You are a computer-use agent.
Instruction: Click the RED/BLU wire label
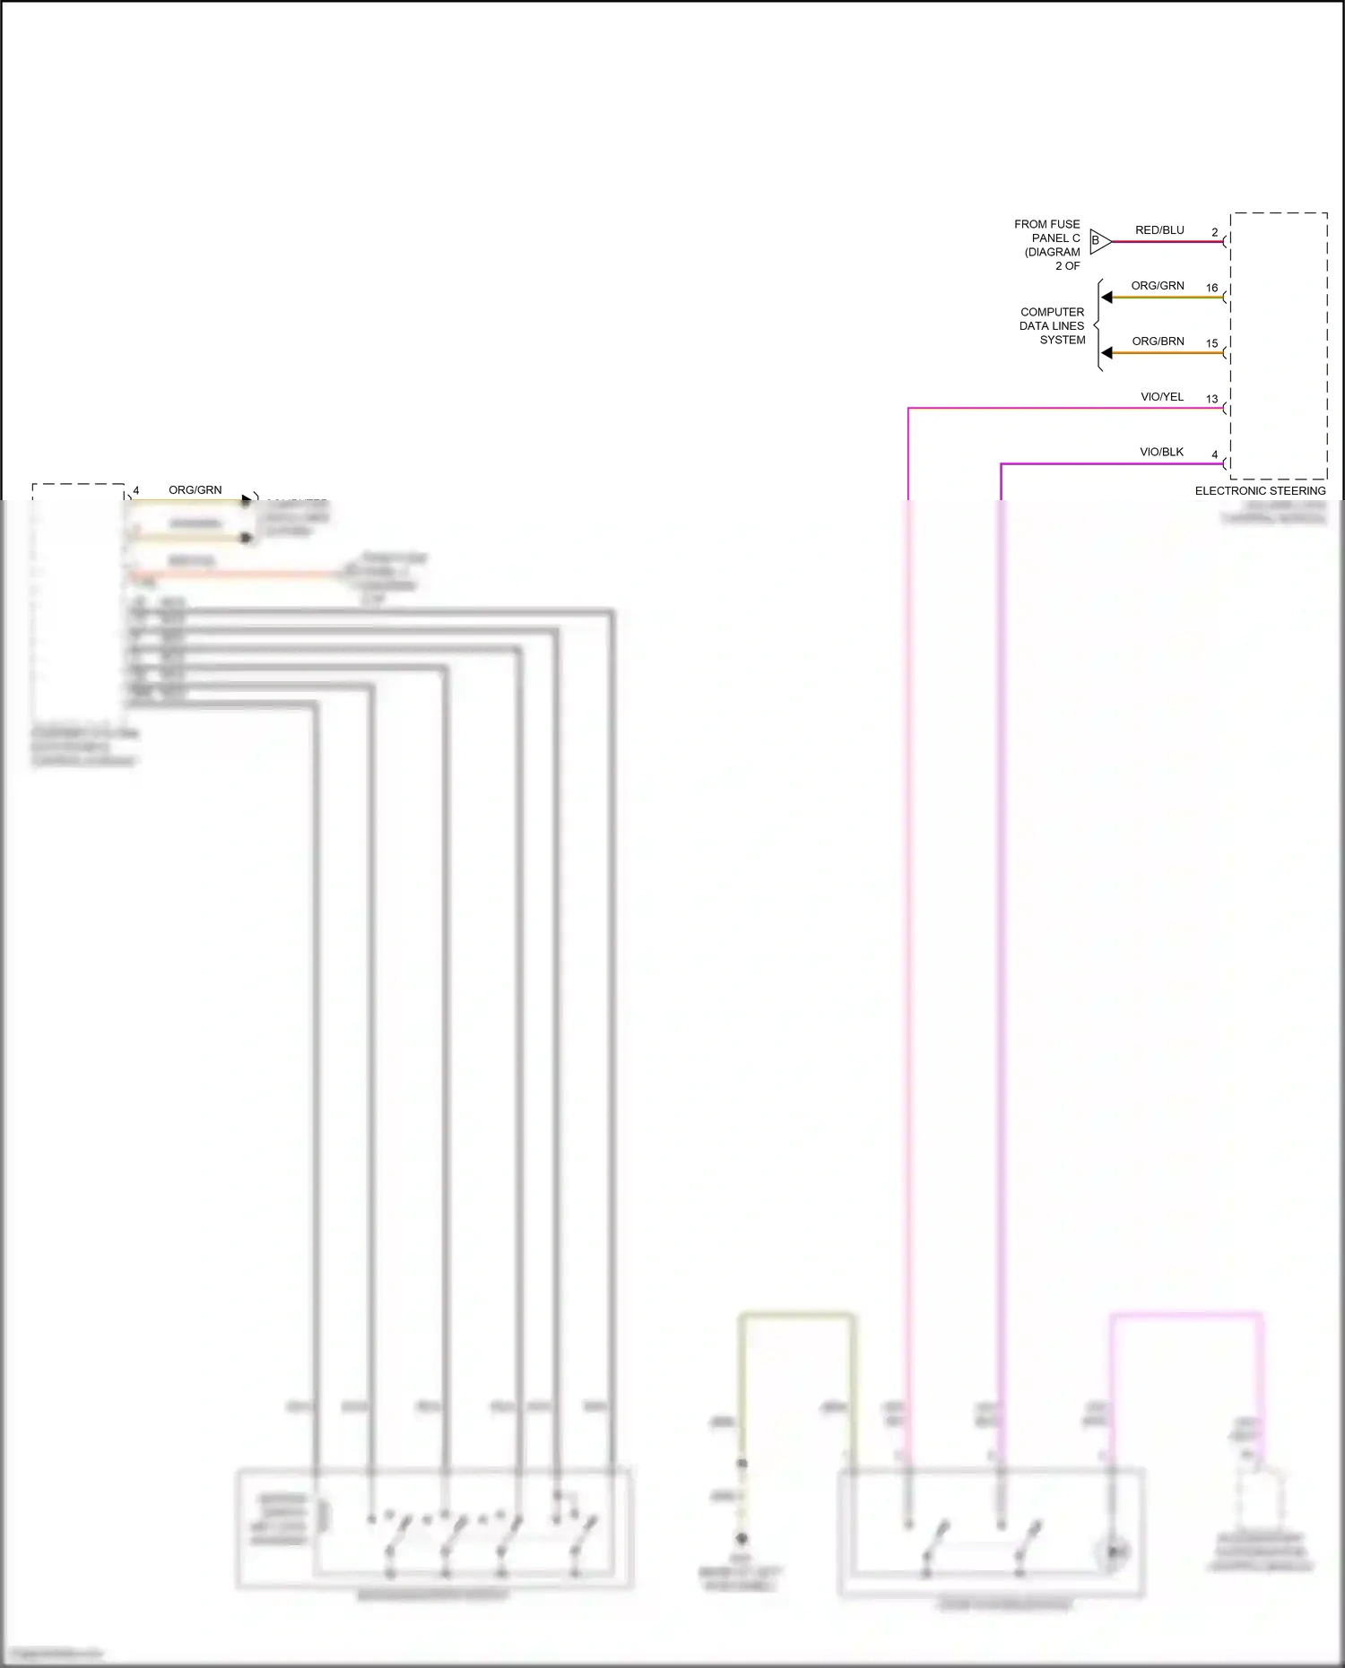[x=1159, y=230]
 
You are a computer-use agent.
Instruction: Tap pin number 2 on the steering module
[x=1215, y=232]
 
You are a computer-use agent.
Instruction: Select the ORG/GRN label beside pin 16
[x=1158, y=286]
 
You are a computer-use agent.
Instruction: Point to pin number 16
[x=1212, y=288]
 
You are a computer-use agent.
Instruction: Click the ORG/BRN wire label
[x=1158, y=341]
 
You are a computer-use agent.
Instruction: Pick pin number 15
[x=1212, y=343]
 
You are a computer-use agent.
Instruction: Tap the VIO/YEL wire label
[x=1162, y=397]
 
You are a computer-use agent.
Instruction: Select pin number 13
[x=1212, y=399]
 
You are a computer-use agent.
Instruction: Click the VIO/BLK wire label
[x=1161, y=453]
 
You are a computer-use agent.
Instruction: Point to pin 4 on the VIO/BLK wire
[x=1215, y=454]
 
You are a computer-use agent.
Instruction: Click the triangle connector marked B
[x=1099, y=241]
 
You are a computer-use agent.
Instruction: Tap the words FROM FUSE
[x=1047, y=224]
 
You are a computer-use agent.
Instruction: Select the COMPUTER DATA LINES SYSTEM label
[x=1053, y=326]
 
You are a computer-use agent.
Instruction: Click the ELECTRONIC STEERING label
[x=1260, y=491]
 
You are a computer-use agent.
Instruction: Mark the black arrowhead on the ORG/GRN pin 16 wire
[x=1107, y=298]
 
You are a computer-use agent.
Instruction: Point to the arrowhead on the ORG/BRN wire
[x=1107, y=353]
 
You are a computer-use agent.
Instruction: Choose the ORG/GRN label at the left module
[x=195, y=490]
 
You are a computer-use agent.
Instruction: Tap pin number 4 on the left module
[x=136, y=490]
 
